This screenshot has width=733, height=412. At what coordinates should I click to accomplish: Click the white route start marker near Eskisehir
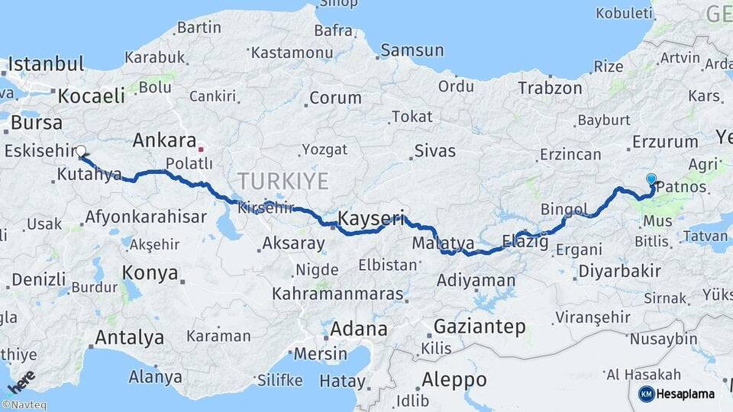pyautogui.click(x=81, y=151)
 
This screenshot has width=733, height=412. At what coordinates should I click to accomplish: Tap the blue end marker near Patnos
pyautogui.click(x=651, y=180)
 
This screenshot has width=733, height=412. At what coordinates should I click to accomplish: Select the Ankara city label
pyautogui.click(x=164, y=140)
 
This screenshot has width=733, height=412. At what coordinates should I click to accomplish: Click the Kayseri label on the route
pyautogui.click(x=370, y=219)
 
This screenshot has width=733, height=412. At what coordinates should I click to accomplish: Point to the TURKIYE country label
pyautogui.click(x=283, y=182)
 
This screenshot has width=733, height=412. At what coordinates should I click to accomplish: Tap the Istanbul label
pyautogui.click(x=45, y=64)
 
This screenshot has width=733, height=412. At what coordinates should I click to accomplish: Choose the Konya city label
pyautogui.click(x=150, y=273)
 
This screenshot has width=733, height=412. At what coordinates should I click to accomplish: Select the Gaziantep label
pyautogui.click(x=480, y=327)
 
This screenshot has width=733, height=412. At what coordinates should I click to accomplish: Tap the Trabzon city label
pyautogui.click(x=550, y=88)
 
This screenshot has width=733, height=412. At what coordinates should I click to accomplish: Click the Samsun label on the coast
pyautogui.click(x=412, y=50)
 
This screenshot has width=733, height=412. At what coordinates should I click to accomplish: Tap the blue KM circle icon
pyautogui.click(x=646, y=394)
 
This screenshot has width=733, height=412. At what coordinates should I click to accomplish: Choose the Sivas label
pyautogui.click(x=435, y=151)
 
